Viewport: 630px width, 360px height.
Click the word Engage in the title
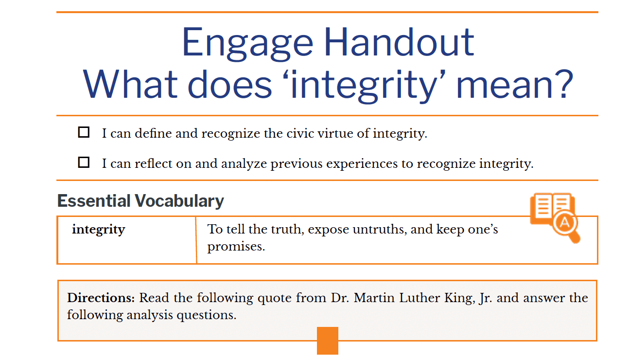point(247,44)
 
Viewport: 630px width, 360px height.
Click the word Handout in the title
point(400,42)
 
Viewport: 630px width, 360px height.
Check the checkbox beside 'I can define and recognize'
point(84,132)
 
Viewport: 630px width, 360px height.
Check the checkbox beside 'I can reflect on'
point(84,162)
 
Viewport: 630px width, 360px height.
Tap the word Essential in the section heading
point(94,201)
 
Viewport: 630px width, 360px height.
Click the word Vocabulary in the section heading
point(179,201)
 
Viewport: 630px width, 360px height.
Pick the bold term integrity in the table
point(98,230)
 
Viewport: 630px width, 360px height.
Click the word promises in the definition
point(236,247)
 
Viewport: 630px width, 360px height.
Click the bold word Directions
point(101,298)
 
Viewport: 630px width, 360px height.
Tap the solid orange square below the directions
point(327,341)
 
